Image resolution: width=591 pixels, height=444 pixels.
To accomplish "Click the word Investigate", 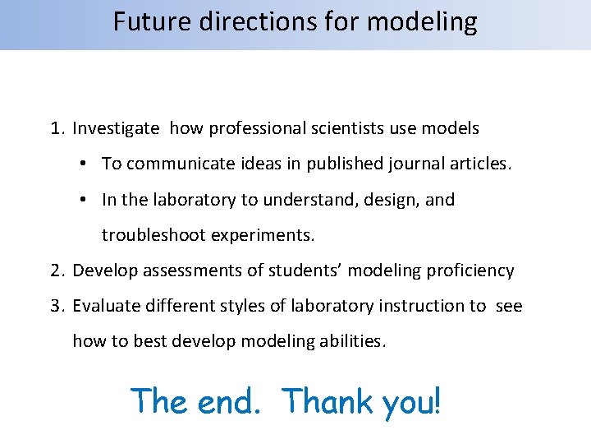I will [x=116, y=129].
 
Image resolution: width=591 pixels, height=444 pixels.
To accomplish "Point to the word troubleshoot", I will [x=153, y=235].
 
